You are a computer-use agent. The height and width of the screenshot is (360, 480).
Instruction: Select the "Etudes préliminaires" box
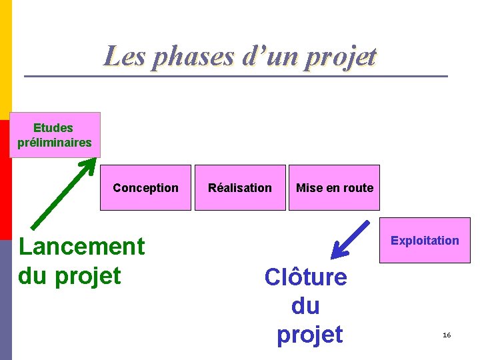pos(55,135)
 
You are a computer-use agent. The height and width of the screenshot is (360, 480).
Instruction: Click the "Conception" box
pos(145,187)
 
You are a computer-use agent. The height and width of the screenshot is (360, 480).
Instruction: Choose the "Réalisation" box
pos(240,187)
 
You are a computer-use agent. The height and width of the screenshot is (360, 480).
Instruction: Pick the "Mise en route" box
pos(334,187)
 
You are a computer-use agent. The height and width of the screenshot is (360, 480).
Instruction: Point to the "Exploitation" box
pos(425,240)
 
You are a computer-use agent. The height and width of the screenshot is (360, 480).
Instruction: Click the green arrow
pos(63,194)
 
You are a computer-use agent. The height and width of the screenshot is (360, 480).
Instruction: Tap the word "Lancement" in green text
pos(81,246)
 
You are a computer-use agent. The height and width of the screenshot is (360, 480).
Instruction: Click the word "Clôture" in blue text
pos(305,277)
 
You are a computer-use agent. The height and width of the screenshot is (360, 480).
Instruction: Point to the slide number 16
pos(447,334)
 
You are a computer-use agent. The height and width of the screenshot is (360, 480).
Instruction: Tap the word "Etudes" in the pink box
pos(53,127)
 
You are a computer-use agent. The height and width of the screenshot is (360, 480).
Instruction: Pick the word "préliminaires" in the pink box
pos(55,142)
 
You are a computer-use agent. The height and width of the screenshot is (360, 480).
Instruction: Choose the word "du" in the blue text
pos(305,306)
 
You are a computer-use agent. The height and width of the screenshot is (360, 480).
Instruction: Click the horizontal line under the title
pos(236,76)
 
